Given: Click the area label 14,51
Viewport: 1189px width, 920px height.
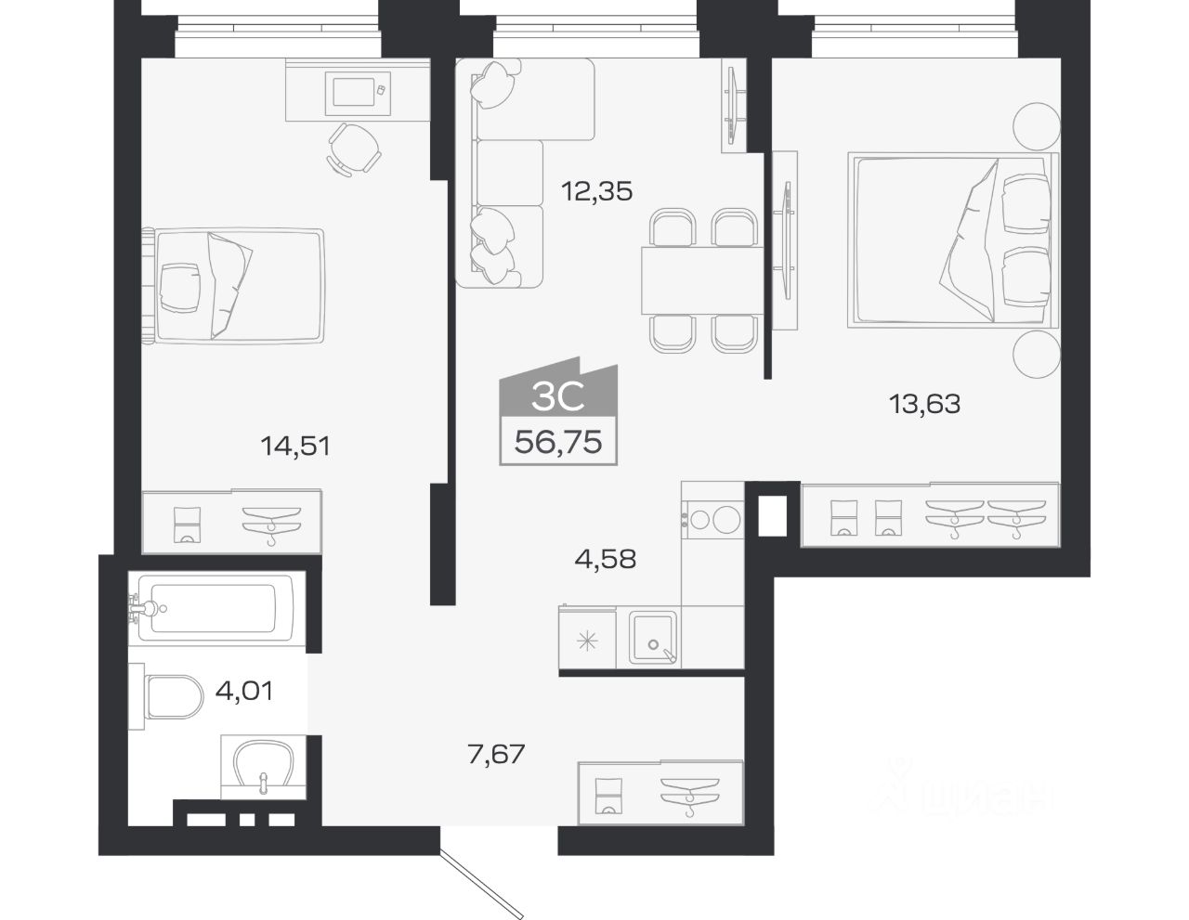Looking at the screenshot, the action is (295, 447).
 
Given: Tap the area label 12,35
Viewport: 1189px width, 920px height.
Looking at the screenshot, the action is (597, 191).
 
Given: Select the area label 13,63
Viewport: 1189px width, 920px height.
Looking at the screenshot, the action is (924, 404).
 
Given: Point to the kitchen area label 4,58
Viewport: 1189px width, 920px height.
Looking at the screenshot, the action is (606, 559).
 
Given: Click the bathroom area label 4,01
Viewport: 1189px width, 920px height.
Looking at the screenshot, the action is (244, 692).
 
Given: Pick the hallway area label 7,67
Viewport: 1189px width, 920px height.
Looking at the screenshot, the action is (496, 754).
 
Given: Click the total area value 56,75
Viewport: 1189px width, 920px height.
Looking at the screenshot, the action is (558, 442).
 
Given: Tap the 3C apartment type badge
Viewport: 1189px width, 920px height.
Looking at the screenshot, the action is (558, 389).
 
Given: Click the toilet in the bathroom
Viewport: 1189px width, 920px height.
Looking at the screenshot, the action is (167, 697).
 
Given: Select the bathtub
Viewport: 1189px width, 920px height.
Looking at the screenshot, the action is (214, 608).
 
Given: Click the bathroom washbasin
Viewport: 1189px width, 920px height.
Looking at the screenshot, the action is (264, 768).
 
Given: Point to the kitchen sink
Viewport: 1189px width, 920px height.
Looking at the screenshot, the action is (653, 638).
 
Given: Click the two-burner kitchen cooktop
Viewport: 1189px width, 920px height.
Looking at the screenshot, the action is (713, 519).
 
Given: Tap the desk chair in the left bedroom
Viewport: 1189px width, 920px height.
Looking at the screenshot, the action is (355, 149).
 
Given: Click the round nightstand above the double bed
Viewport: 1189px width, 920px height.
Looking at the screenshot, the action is (1037, 126).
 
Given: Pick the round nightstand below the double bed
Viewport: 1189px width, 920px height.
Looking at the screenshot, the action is (1037, 355).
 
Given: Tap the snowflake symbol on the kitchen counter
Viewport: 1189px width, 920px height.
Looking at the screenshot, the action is (587, 641).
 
